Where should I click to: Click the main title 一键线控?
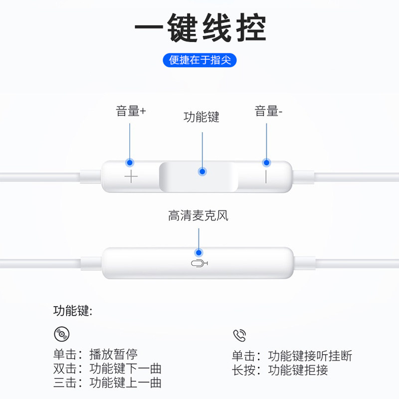coord(199,28)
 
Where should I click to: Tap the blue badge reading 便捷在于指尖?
coord(199,60)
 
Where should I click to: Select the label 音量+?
coord(131,111)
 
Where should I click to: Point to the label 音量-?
coord(268,111)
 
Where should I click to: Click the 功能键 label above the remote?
coord(201,117)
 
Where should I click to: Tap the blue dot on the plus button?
coord(130,163)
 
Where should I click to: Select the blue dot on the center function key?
coord(202,172)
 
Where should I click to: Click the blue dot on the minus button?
coord(266,163)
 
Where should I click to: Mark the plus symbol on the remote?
coord(131,177)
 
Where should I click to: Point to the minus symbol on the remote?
coord(266,177)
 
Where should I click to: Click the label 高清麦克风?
coord(198,216)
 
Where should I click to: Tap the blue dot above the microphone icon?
coord(199,252)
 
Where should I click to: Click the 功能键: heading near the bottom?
coord(73,311)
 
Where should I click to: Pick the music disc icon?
coord(61,334)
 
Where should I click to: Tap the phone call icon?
coord(239,335)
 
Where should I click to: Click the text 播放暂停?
coord(113,355)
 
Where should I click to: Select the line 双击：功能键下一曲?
coord(107,369)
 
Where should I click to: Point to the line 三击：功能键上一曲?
coord(107,383)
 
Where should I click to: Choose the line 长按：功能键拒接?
coord(280,370)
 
